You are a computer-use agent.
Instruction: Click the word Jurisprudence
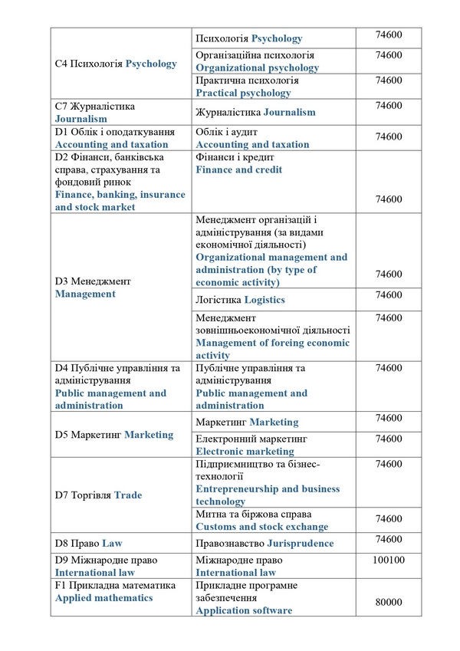point(300,543)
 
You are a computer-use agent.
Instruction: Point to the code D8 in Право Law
point(62,543)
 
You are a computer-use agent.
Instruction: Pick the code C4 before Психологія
point(62,64)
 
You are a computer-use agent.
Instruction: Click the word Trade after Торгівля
point(128,495)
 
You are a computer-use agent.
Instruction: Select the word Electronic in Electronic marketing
point(224,452)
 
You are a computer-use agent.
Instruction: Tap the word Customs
point(217,527)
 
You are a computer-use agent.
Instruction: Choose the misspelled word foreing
point(300,343)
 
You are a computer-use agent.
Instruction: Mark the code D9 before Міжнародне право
point(62,561)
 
